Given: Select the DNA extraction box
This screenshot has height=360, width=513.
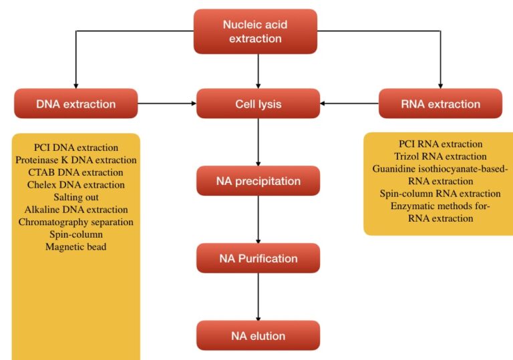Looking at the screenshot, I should pyautogui.click(x=75, y=104).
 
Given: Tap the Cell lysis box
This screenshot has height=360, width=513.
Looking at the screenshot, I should pyautogui.click(x=258, y=104).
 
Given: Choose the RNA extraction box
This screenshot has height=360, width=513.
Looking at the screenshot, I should pyautogui.click(x=440, y=104).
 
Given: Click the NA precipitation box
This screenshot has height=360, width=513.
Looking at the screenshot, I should pyautogui.click(x=258, y=181).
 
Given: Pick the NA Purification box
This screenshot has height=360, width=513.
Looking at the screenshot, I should pyautogui.click(x=258, y=258).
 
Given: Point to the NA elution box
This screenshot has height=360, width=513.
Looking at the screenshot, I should pyautogui.click(x=258, y=335).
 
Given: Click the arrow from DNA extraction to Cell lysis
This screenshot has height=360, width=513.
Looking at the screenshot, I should pyautogui.click(x=167, y=104).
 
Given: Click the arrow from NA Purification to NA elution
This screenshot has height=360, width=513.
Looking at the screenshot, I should pyautogui.click(x=258, y=297).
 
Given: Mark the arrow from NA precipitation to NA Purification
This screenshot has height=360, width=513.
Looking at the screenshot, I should pyautogui.click(x=258, y=220).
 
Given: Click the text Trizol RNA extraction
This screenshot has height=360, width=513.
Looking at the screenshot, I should pyautogui.click(x=440, y=156).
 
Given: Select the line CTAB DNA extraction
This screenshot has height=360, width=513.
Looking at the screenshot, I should pyautogui.click(x=75, y=172).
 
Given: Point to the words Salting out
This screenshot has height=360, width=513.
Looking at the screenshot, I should pyautogui.click(x=75, y=197).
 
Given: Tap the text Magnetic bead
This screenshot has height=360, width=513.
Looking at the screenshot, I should pyautogui.click(x=75, y=246).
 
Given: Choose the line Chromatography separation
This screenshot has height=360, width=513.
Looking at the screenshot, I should pyautogui.click(x=75, y=222).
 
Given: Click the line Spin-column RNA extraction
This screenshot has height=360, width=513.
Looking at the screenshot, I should pyautogui.click(x=440, y=194).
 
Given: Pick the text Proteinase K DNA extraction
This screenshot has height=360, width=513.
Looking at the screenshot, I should pyautogui.click(x=75, y=160).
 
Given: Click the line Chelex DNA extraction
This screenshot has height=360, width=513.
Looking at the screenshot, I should pyautogui.click(x=75, y=184).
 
